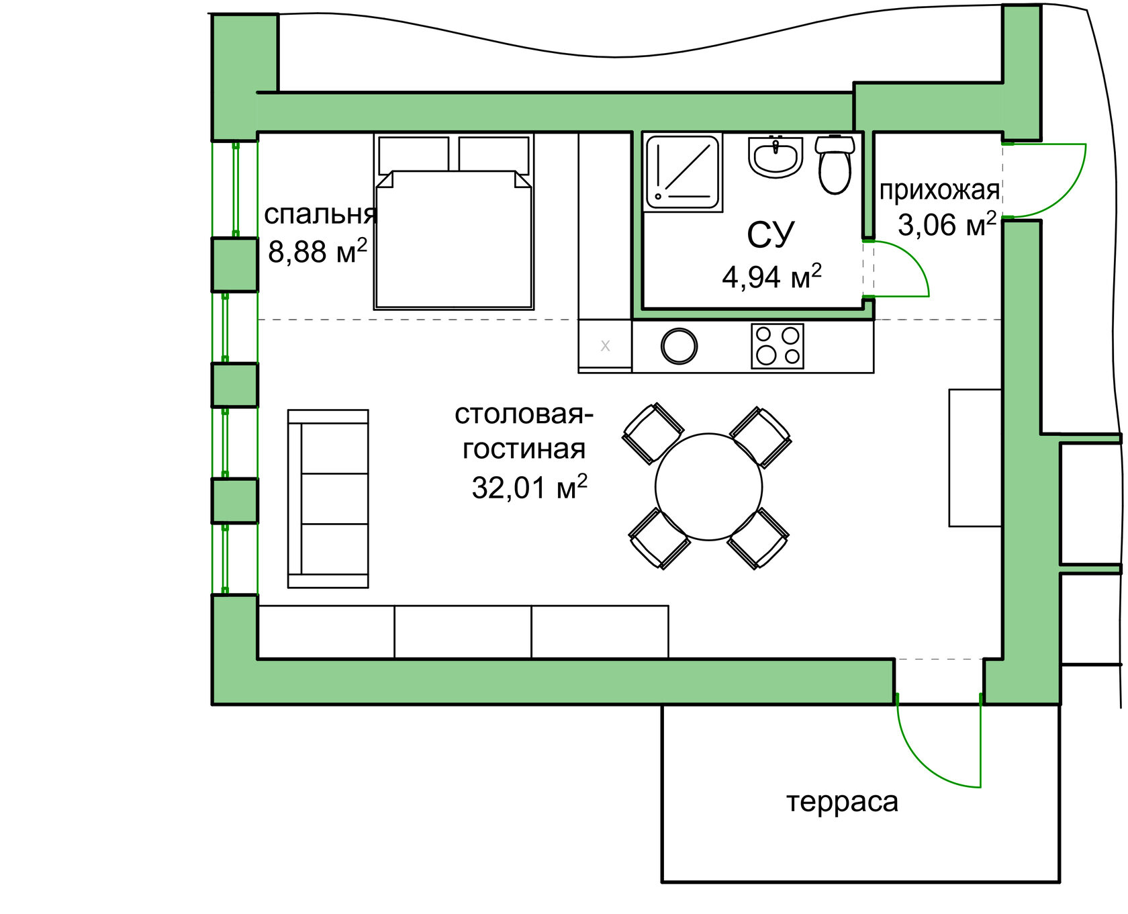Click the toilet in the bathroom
(x=835, y=165)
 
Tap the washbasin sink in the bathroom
(x=775, y=157)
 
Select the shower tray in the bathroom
(x=683, y=172)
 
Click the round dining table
(x=708, y=487)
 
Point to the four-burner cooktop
(x=778, y=346)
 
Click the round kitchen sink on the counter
(x=679, y=347)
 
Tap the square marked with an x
(x=605, y=346)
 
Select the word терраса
(x=842, y=802)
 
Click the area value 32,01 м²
(x=529, y=487)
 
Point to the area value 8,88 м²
(x=318, y=251)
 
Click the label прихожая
(x=939, y=191)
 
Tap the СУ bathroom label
(x=770, y=234)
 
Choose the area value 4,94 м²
(x=771, y=276)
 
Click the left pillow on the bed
(x=414, y=155)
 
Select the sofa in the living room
(x=328, y=498)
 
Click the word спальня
(x=320, y=214)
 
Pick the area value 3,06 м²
(x=947, y=224)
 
